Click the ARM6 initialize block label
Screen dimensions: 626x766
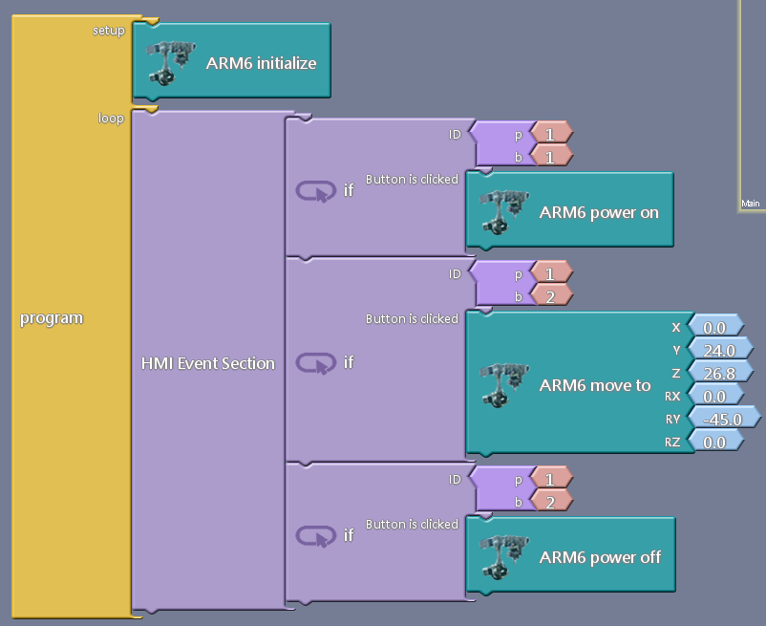[x=261, y=63]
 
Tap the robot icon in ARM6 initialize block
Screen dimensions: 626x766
[x=168, y=62]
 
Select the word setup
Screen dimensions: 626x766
[x=108, y=31]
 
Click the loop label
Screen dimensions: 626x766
[x=111, y=119]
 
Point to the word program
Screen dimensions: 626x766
[x=52, y=318]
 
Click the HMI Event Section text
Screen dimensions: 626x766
[x=207, y=363]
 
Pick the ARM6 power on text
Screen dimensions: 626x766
[x=599, y=212]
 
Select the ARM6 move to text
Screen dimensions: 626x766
[x=595, y=386]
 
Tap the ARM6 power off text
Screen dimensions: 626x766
[x=600, y=557]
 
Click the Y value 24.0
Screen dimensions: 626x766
[x=719, y=349]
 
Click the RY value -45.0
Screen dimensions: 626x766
[x=722, y=418]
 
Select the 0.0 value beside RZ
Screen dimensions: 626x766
[x=714, y=442]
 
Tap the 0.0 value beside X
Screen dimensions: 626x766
[x=714, y=327]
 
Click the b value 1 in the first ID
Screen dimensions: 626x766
[x=551, y=156]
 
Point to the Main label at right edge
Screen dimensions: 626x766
[x=750, y=204]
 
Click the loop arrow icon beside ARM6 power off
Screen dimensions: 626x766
[x=313, y=535]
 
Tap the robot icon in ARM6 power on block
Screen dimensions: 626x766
[x=501, y=211]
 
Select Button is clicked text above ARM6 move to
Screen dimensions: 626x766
[x=412, y=318]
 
